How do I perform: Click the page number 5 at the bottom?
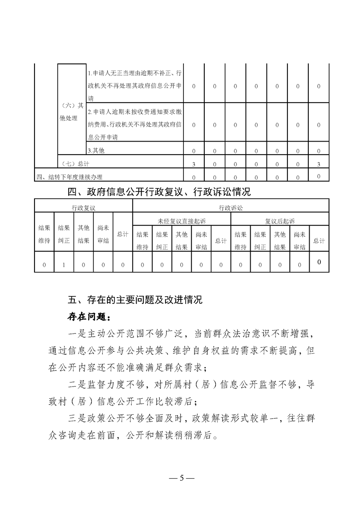point(181,478)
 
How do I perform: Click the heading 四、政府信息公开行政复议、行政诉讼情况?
point(159,192)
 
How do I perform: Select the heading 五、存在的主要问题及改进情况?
point(134,300)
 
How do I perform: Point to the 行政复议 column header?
point(84,207)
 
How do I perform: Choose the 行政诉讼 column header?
point(231,207)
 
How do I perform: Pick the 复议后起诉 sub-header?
point(280,221)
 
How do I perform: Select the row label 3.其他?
point(96,150)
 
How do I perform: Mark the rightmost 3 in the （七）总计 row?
point(319,163)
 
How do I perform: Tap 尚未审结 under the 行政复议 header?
point(103,235)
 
